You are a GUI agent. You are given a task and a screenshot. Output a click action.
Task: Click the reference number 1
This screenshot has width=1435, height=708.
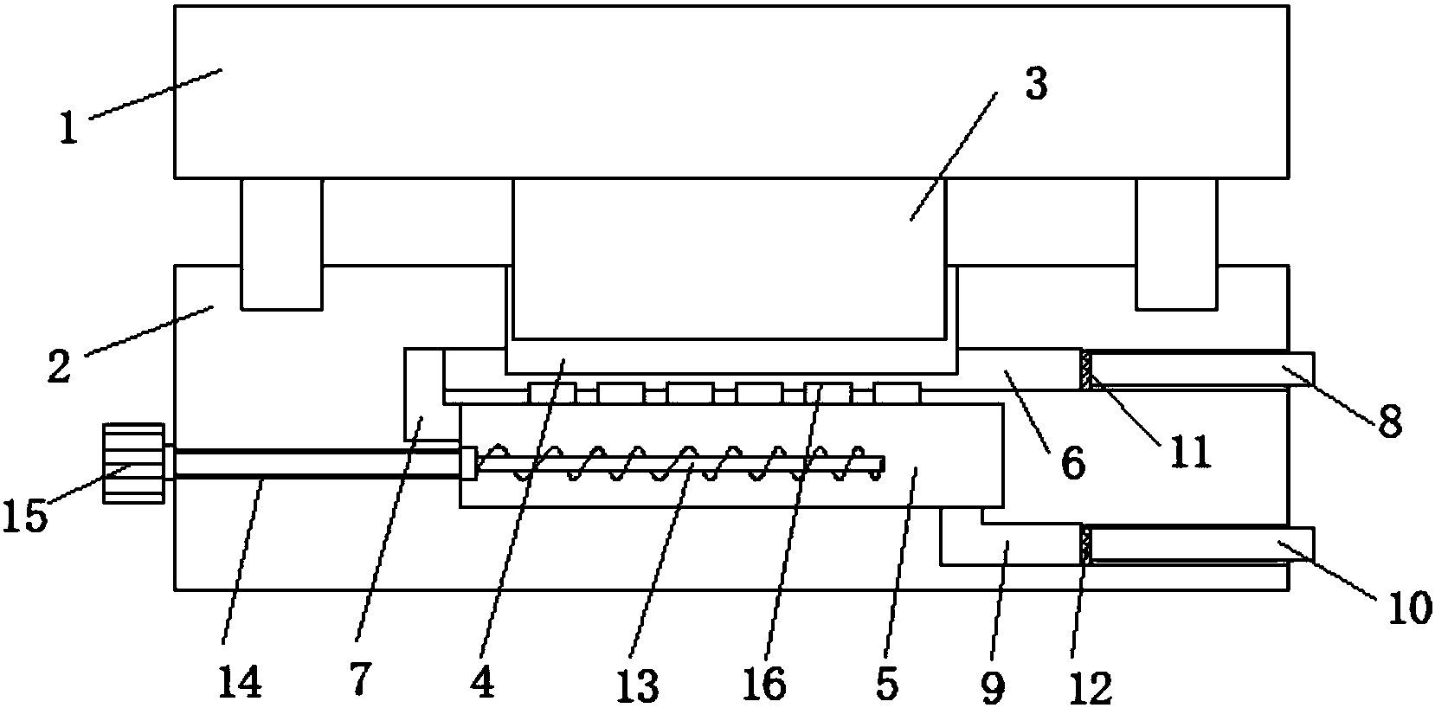coord(68,129)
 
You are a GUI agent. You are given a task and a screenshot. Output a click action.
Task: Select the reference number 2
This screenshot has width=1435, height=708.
coord(58,368)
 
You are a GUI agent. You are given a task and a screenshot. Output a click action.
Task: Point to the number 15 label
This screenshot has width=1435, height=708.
coord(27,518)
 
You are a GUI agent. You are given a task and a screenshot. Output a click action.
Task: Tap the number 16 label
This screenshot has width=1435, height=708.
coord(764,684)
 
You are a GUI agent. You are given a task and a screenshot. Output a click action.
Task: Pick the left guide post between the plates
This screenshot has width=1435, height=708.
coord(281,243)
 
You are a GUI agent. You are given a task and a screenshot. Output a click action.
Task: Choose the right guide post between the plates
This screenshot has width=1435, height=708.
coord(1176,243)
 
